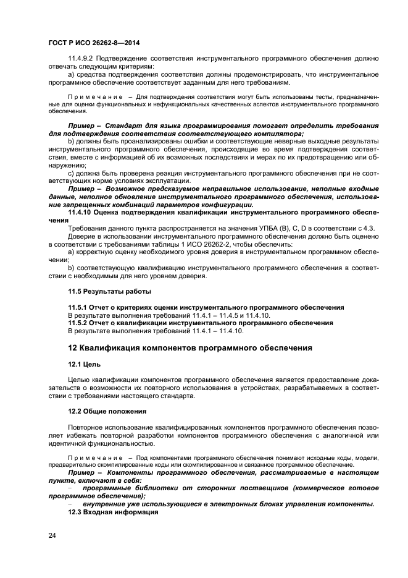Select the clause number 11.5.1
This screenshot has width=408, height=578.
(80, 307)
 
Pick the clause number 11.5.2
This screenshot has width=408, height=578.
(80, 323)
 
